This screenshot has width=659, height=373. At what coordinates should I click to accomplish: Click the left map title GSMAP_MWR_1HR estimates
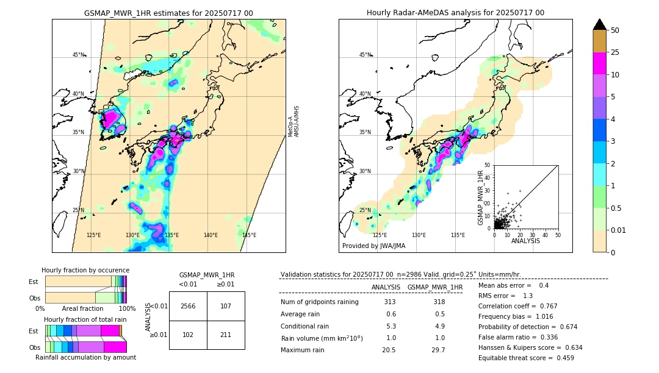click(x=168, y=13)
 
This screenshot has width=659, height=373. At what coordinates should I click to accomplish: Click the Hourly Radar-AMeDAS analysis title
click(x=455, y=13)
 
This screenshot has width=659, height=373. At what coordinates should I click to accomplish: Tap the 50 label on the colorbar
click(x=615, y=30)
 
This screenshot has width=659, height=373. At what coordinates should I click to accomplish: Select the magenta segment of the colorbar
click(x=599, y=63)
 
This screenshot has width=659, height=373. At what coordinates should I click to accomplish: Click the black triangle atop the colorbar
click(x=599, y=24)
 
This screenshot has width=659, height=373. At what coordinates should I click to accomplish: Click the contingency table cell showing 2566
click(x=188, y=306)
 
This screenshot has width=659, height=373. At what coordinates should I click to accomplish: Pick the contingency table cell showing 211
click(x=226, y=334)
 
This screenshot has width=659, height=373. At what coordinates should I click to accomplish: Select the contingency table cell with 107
click(x=226, y=306)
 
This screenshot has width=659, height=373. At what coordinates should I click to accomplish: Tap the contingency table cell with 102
click(x=188, y=334)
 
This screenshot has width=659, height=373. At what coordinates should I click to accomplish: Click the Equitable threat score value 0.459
click(x=562, y=358)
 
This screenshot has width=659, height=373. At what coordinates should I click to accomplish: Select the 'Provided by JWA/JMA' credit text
click(x=373, y=246)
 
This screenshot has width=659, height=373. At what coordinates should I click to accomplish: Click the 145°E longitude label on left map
click(x=249, y=235)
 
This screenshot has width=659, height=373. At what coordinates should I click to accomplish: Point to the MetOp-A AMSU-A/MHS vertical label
click(x=293, y=121)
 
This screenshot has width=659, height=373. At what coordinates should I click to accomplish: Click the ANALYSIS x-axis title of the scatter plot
click(x=525, y=241)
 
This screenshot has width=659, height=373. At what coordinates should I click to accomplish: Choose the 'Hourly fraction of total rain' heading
click(x=85, y=319)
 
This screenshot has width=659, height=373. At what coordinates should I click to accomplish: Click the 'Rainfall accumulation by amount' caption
click(x=85, y=357)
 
